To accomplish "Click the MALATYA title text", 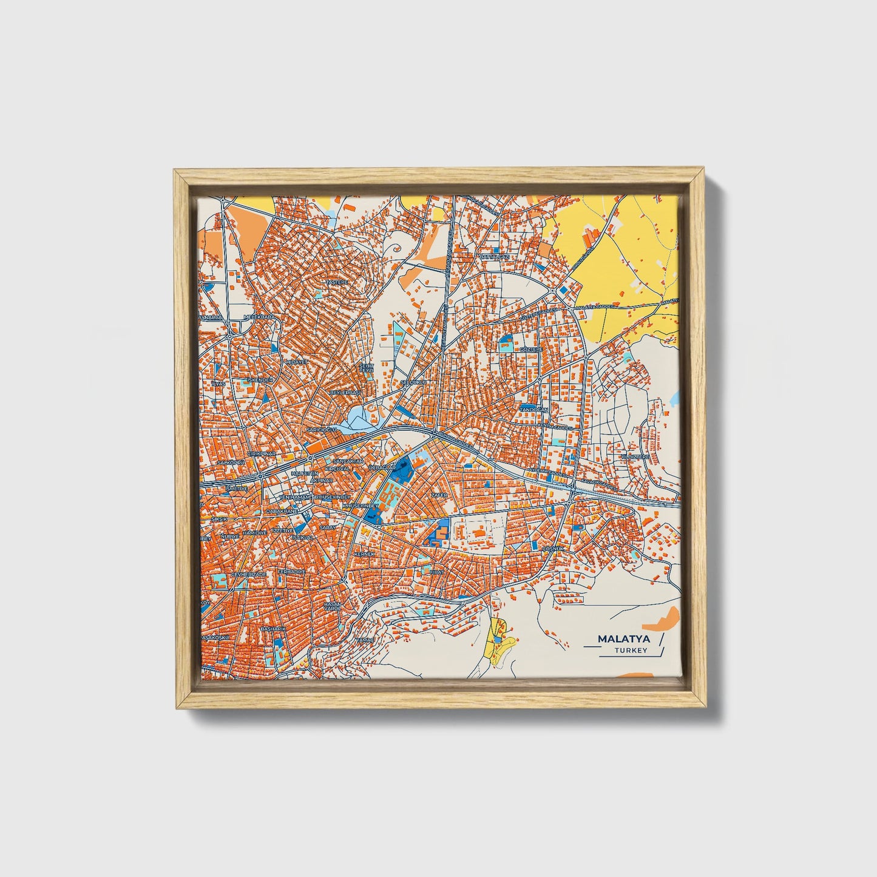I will coord(624,638).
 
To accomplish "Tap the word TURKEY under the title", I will coord(631,651).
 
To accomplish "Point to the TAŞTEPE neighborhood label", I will coord(337,282).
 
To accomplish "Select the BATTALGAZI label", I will coord(495,257).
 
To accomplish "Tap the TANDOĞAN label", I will coord(534,410).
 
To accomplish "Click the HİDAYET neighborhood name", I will coord(297,361).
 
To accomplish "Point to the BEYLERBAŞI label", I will coord(345,393).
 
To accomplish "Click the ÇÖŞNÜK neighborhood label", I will coord(553,548).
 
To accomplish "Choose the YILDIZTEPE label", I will coord(635,456).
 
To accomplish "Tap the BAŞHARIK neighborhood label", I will coord(273,629).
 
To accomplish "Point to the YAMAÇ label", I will coord(382,640).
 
